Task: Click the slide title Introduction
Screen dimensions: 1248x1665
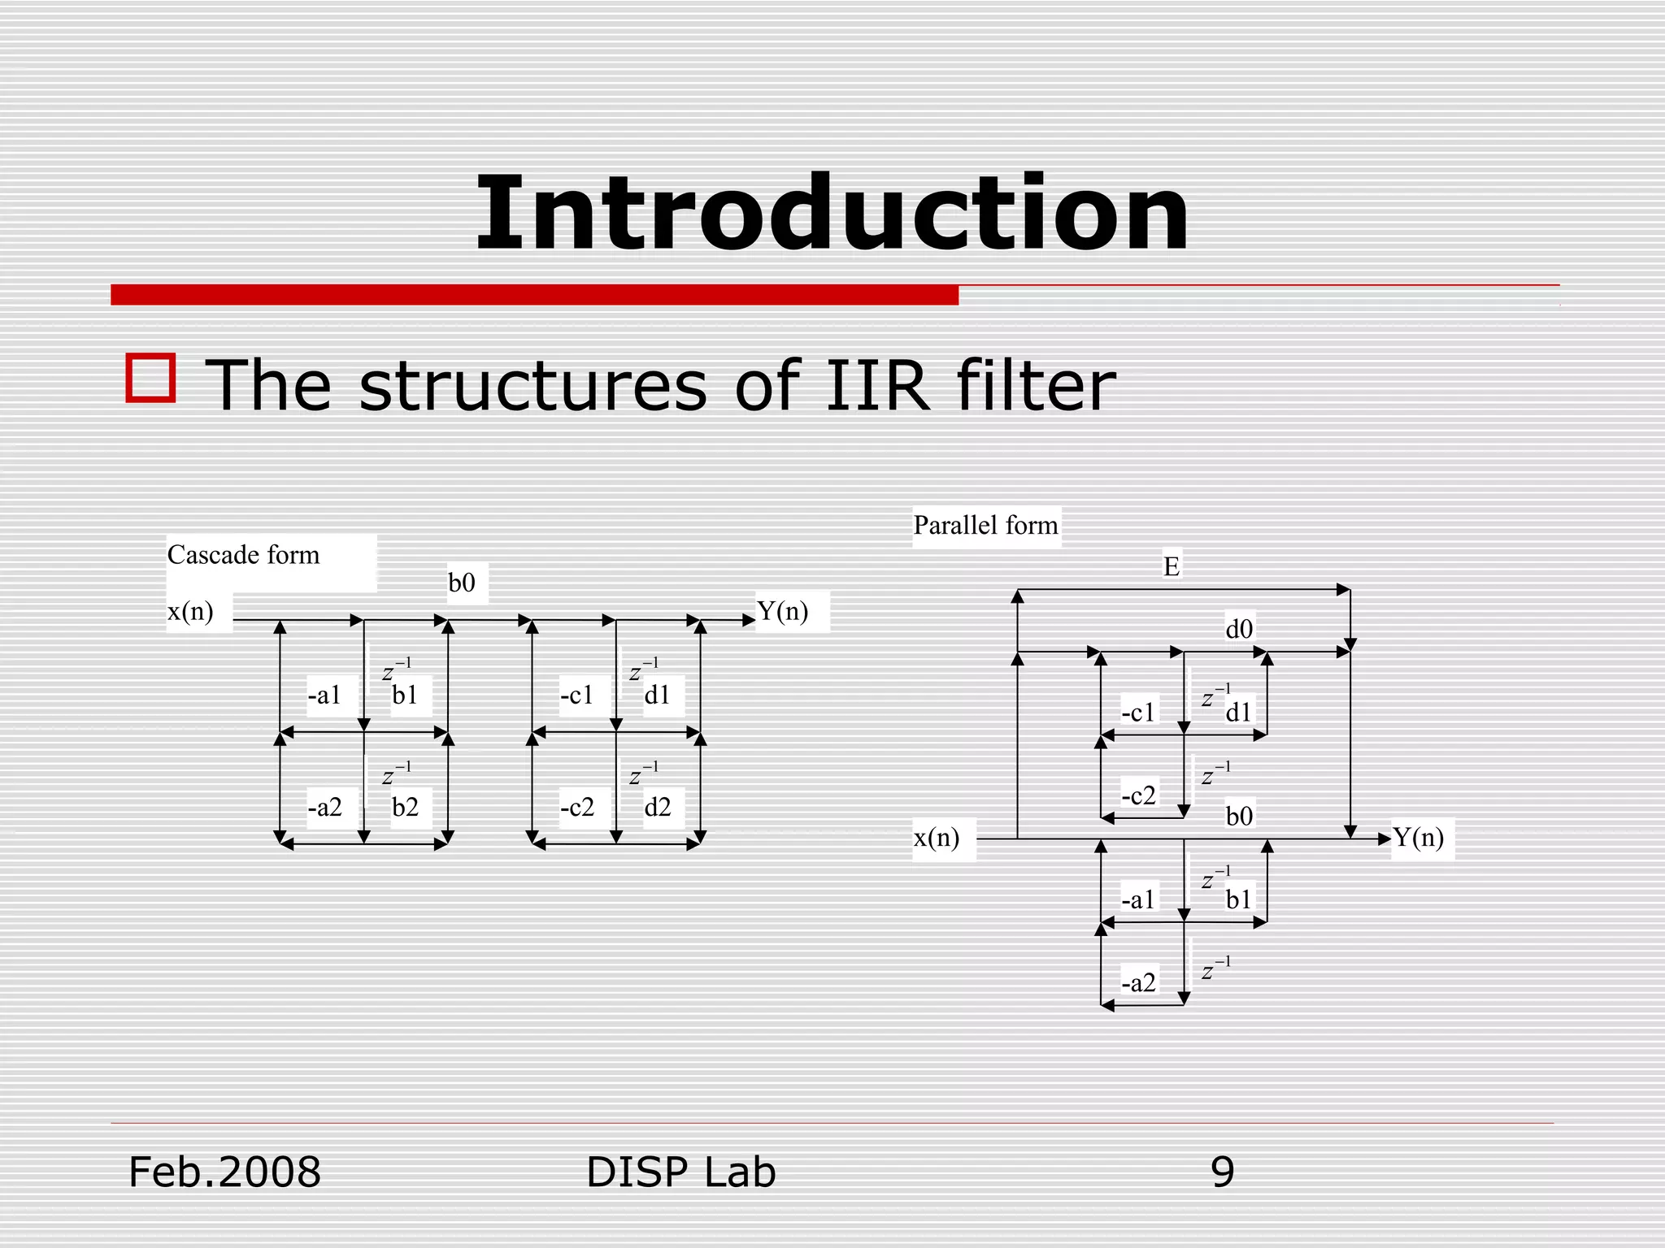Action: pos(832,214)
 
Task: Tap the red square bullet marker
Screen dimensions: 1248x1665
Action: pos(151,378)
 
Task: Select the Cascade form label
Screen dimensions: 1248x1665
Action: pos(243,555)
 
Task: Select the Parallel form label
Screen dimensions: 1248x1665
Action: pos(985,525)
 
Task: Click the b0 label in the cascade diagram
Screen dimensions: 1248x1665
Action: pos(462,583)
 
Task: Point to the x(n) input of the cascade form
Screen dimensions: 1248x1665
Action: pos(190,611)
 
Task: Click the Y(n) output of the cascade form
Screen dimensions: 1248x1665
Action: pos(782,611)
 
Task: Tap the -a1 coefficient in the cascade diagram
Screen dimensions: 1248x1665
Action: pos(324,695)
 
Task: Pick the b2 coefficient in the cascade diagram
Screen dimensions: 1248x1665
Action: pos(405,807)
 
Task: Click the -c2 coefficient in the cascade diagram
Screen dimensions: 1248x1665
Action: pos(576,807)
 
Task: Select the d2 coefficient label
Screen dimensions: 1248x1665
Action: pos(657,807)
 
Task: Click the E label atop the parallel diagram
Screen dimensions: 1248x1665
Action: pos(1171,566)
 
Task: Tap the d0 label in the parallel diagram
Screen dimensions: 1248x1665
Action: pos(1239,629)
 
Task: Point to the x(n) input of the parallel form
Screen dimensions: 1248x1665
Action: pos(937,838)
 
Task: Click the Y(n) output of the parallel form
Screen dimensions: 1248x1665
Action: pos(1418,838)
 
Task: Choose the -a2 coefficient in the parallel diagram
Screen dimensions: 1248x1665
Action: pos(1138,983)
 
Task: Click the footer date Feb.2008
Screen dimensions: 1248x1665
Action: pos(224,1172)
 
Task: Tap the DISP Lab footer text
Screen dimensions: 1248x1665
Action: pos(680,1172)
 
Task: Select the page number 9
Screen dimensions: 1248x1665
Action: pos(1222,1172)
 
